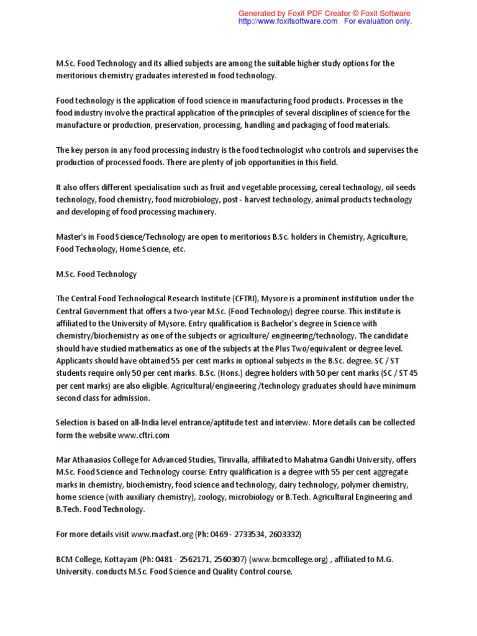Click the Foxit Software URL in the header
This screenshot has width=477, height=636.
(x=288, y=21)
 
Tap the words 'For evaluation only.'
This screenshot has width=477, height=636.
(x=378, y=21)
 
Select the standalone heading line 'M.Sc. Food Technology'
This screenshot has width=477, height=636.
(x=96, y=274)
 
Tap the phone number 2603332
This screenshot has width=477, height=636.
(x=286, y=534)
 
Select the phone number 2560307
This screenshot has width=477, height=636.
(x=230, y=559)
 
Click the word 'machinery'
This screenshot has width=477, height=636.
(x=198, y=212)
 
